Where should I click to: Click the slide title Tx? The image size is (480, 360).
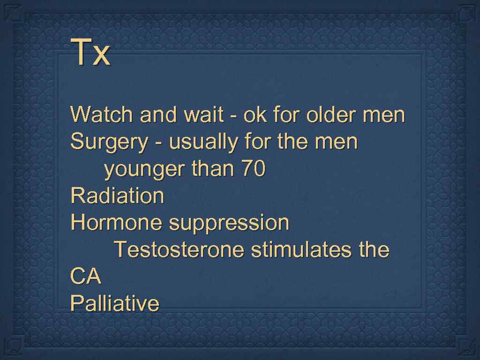tap(90, 53)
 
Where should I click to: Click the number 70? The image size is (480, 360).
tap(253, 169)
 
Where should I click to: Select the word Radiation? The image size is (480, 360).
tap(117, 195)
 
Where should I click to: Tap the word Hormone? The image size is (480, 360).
tap(117, 223)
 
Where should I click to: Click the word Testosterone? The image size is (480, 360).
tap(179, 249)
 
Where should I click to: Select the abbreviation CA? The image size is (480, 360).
tap(86, 277)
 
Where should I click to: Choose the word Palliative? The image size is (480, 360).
tap(115, 303)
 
